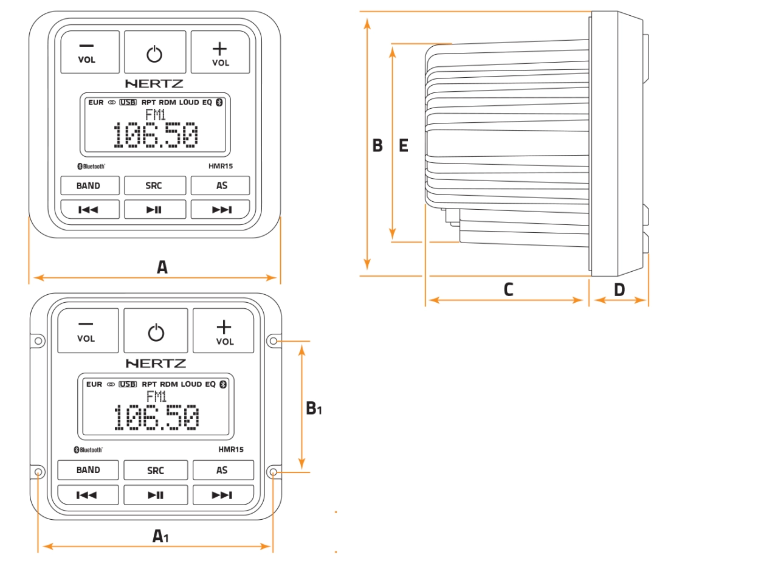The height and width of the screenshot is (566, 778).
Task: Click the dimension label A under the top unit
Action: point(162,267)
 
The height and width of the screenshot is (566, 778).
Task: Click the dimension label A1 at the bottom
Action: point(160,536)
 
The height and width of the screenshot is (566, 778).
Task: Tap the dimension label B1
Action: point(313,408)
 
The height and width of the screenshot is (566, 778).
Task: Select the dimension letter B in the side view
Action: point(377,146)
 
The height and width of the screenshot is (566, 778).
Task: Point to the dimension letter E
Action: point(403,146)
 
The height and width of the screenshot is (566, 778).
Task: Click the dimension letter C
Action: point(508,290)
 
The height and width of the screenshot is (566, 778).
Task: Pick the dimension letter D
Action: point(619,290)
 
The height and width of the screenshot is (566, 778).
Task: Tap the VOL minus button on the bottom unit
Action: point(88,331)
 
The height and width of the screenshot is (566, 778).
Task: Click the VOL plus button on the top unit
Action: point(220,53)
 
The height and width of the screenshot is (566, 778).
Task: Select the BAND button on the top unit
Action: point(89,185)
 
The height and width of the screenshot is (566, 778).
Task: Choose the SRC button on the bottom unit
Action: point(156,470)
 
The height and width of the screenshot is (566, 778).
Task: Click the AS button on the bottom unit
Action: point(222,470)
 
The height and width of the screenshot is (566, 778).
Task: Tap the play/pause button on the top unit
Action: point(154,210)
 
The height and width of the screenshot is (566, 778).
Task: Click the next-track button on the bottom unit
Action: point(222,495)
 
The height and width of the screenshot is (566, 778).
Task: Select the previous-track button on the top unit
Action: point(89,210)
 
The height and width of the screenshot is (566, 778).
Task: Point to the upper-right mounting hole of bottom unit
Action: point(274,341)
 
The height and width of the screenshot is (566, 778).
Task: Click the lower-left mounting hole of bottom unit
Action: point(39,472)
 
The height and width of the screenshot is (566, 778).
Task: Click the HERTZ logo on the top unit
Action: point(154,84)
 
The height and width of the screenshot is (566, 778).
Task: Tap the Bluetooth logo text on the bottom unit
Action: point(89,450)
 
